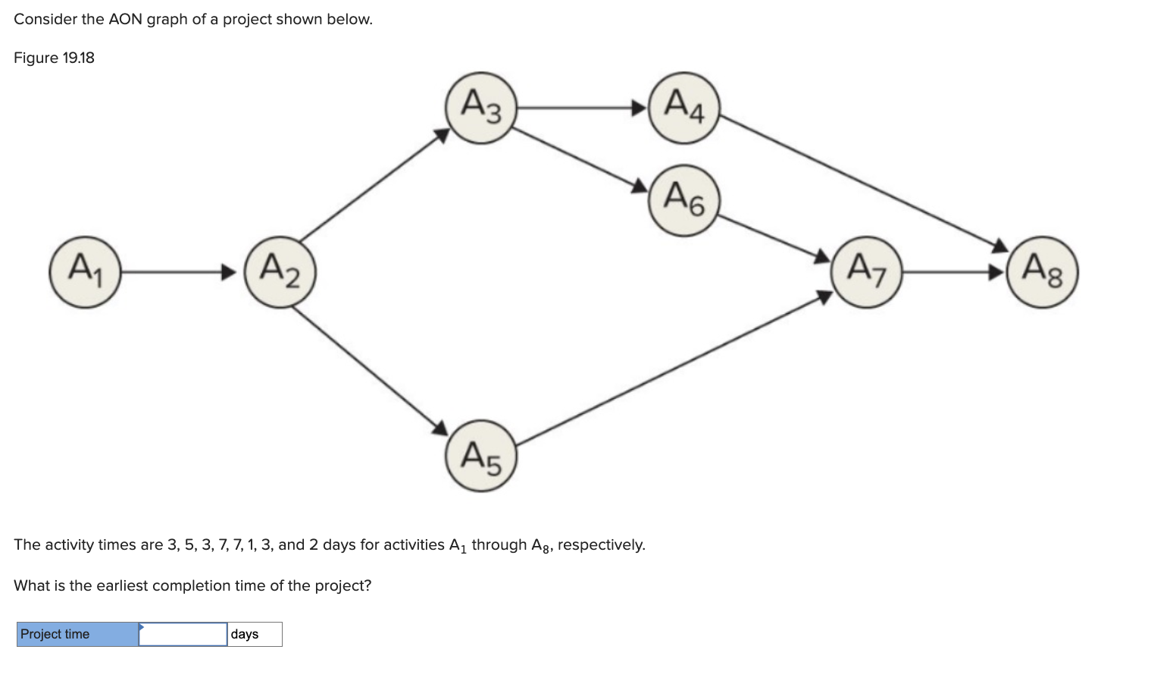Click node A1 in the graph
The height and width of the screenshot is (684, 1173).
[85, 271]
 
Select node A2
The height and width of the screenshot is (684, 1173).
[280, 271]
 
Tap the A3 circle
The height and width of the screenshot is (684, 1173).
[481, 107]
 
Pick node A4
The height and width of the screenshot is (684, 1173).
[683, 107]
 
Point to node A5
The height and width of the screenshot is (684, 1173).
[481, 456]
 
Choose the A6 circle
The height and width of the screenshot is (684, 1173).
[683, 201]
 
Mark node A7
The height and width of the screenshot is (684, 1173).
[867, 271]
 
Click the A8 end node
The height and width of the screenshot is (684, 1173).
[1042, 271]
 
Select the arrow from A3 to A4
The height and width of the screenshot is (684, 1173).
[582, 108]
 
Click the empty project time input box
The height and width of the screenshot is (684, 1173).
[183, 634]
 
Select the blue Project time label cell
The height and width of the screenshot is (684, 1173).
[78, 634]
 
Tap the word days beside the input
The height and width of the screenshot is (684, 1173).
[245, 634]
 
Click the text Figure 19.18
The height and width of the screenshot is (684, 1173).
[54, 58]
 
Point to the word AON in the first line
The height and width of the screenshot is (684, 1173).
[125, 20]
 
